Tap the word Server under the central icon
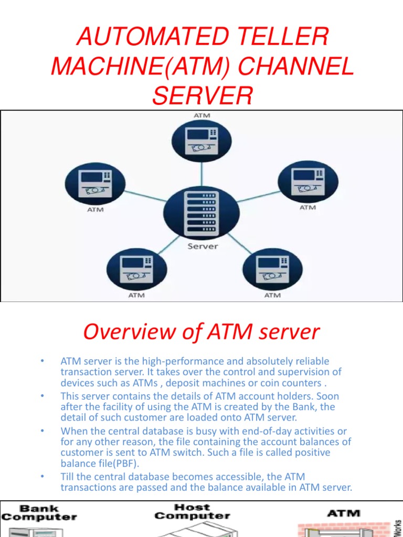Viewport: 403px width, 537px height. click(x=203, y=245)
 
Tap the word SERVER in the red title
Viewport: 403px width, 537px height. click(x=202, y=96)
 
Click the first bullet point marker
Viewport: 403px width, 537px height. click(x=41, y=361)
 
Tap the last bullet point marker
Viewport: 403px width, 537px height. click(x=41, y=477)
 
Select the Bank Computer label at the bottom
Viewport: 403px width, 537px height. click(x=39, y=512)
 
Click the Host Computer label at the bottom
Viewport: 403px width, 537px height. click(x=192, y=511)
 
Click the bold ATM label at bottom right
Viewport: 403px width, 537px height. click(x=344, y=513)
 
